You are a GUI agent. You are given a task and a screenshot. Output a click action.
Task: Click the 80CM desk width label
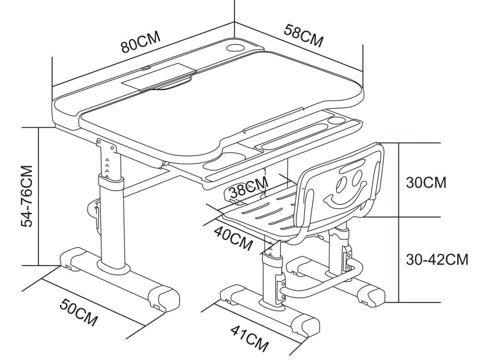pos(140,43)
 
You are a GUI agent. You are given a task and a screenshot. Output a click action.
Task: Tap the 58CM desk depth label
pos(304,35)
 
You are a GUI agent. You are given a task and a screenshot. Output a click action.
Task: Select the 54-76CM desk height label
pos(26,196)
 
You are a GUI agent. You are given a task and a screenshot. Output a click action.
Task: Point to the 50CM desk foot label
pos(79,313)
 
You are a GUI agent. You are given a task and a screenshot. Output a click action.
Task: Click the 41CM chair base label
pos(250,338)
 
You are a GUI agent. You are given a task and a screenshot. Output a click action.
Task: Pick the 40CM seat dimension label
pos(233,238)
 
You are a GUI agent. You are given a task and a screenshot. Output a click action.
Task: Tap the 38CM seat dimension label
pos(249,187)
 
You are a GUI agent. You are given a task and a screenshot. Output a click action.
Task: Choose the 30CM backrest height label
pos(426,182)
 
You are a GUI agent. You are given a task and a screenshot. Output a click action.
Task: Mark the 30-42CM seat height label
pos(437,259)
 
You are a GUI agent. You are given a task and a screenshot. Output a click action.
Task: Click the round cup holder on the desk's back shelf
pos(235,48)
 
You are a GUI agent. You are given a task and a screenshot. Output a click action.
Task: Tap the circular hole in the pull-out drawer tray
pos(337,120)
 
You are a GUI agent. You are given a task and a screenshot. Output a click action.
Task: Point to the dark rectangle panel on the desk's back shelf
pos(158,77)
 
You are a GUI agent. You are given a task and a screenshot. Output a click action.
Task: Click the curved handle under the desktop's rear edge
pos(172,85)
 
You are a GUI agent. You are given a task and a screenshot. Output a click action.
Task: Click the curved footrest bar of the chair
pos(322,279)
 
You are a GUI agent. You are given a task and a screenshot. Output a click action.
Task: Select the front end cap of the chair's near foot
pos(306,325)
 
